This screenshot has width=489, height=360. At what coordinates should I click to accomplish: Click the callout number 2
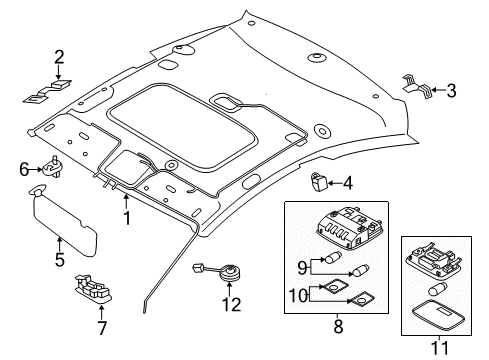coord(59,57)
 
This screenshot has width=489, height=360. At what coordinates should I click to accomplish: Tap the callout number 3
coord(451,91)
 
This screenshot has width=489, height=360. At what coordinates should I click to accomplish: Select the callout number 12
coord(232,304)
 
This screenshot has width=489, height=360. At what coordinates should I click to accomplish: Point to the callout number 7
coord(102,328)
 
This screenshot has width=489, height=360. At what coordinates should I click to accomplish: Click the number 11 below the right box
coord(440,348)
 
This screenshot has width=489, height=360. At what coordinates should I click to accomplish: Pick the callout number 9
coord(302,267)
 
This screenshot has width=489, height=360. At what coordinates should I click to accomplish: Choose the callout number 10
coord(298,295)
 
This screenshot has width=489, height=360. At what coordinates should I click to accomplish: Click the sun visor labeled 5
coord(63,221)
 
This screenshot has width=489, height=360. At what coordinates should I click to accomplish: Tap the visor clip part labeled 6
coord(53,167)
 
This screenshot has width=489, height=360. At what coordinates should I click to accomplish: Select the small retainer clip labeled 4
coord(319,182)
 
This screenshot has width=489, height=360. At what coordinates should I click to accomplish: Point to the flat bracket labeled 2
coord(48,91)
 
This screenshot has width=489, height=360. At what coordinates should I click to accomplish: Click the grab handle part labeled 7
coord(93,288)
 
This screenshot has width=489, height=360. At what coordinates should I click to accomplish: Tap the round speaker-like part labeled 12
coord(230,272)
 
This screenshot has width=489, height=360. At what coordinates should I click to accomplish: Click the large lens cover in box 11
coord(439,315)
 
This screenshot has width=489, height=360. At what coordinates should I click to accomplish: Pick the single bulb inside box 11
coord(437,289)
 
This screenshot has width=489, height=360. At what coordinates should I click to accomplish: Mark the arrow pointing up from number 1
coord(126,202)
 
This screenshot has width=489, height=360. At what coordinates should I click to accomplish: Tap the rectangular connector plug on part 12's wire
coord(198,268)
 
